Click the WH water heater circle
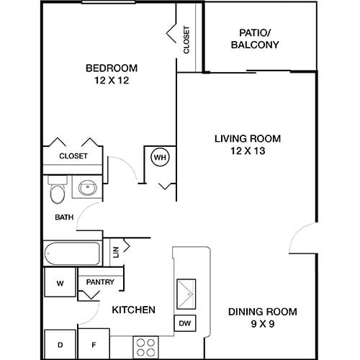click(x=158, y=156)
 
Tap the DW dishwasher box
click(x=184, y=324)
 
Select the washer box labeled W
click(x=60, y=283)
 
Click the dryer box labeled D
click(x=60, y=345)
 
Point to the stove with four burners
click(x=147, y=346)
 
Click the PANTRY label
click(x=100, y=282)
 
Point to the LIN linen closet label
click(x=116, y=252)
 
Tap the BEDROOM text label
click(x=111, y=68)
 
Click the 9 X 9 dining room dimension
click(x=262, y=325)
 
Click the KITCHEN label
click(x=134, y=310)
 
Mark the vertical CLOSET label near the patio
click(x=186, y=40)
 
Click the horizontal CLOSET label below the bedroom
click(x=73, y=156)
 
